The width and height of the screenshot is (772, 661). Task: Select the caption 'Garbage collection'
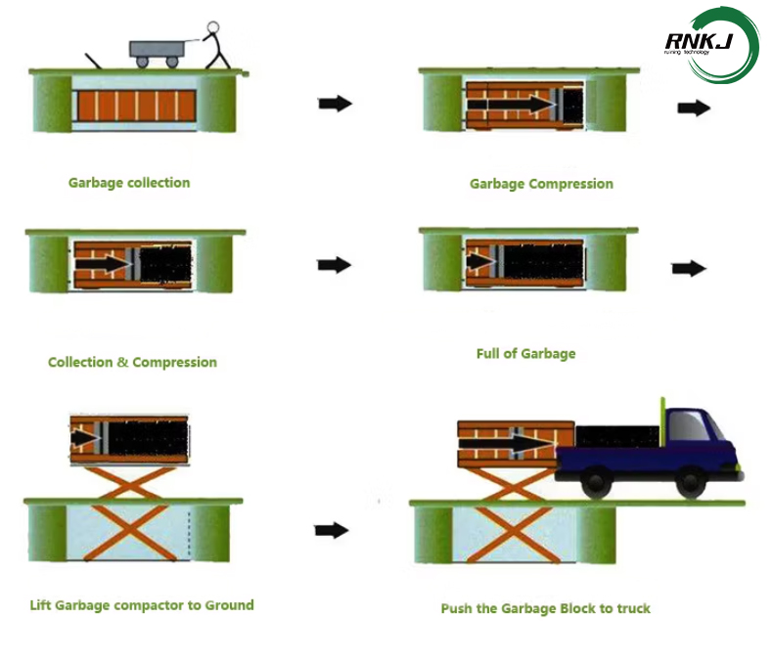pyautogui.click(x=129, y=182)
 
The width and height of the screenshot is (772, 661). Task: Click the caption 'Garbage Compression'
pyautogui.click(x=541, y=183)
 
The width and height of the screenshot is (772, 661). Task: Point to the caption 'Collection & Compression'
pyautogui.click(x=132, y=362)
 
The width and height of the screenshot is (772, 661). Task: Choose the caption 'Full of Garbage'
pyautogui.click(x=525, y=353)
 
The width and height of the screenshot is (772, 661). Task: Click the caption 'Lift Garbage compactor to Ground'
pyautogui.click(x=142, y=604)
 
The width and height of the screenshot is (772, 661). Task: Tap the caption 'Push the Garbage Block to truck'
pyautogui.click(x=545, y=608)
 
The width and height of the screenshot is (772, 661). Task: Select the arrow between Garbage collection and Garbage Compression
pyautogui.click(x=335, y=104)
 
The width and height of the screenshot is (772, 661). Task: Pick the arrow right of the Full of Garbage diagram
pyautogui.click(x=689, y=269)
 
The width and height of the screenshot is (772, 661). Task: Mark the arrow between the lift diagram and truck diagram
pyautogui.click(x=333, y=530)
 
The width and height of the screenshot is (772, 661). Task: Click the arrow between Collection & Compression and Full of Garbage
pyautogui.click(x=335, y=264)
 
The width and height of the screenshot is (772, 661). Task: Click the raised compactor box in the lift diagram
pyautogui.click(x=129, y=437)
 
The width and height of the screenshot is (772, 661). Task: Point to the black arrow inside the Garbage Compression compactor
pyautogui.click(x=510, y=104)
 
